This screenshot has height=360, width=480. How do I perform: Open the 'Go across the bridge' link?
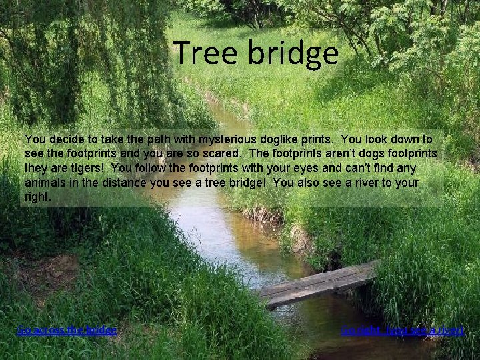67,330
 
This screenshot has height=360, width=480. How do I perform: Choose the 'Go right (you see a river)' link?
402,330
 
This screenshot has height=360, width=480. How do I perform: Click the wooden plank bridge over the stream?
319,283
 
